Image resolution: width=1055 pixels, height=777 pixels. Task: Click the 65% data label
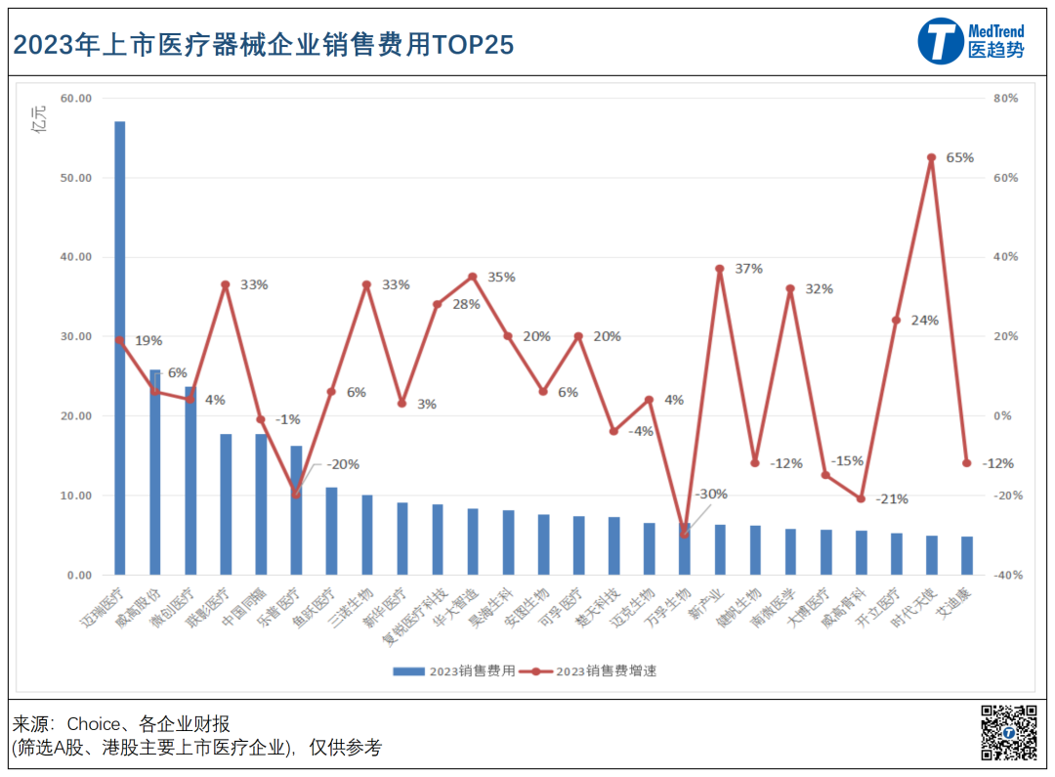tap(959, 157)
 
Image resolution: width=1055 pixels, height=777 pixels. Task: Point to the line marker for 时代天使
tap(931, 157)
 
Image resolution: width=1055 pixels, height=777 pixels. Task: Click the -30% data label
tap(712, 495)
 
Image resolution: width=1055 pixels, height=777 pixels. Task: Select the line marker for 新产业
tap(719, 269)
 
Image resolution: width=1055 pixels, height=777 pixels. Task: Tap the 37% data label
tap(748, 269)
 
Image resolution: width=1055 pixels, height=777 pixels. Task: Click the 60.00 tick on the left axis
tap(75, 99)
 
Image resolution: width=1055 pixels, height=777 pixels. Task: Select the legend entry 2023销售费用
tap(455, 671)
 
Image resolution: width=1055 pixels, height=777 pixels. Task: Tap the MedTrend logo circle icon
tap(940, 41)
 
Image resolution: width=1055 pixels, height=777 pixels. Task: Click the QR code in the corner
tap(1009, 731)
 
